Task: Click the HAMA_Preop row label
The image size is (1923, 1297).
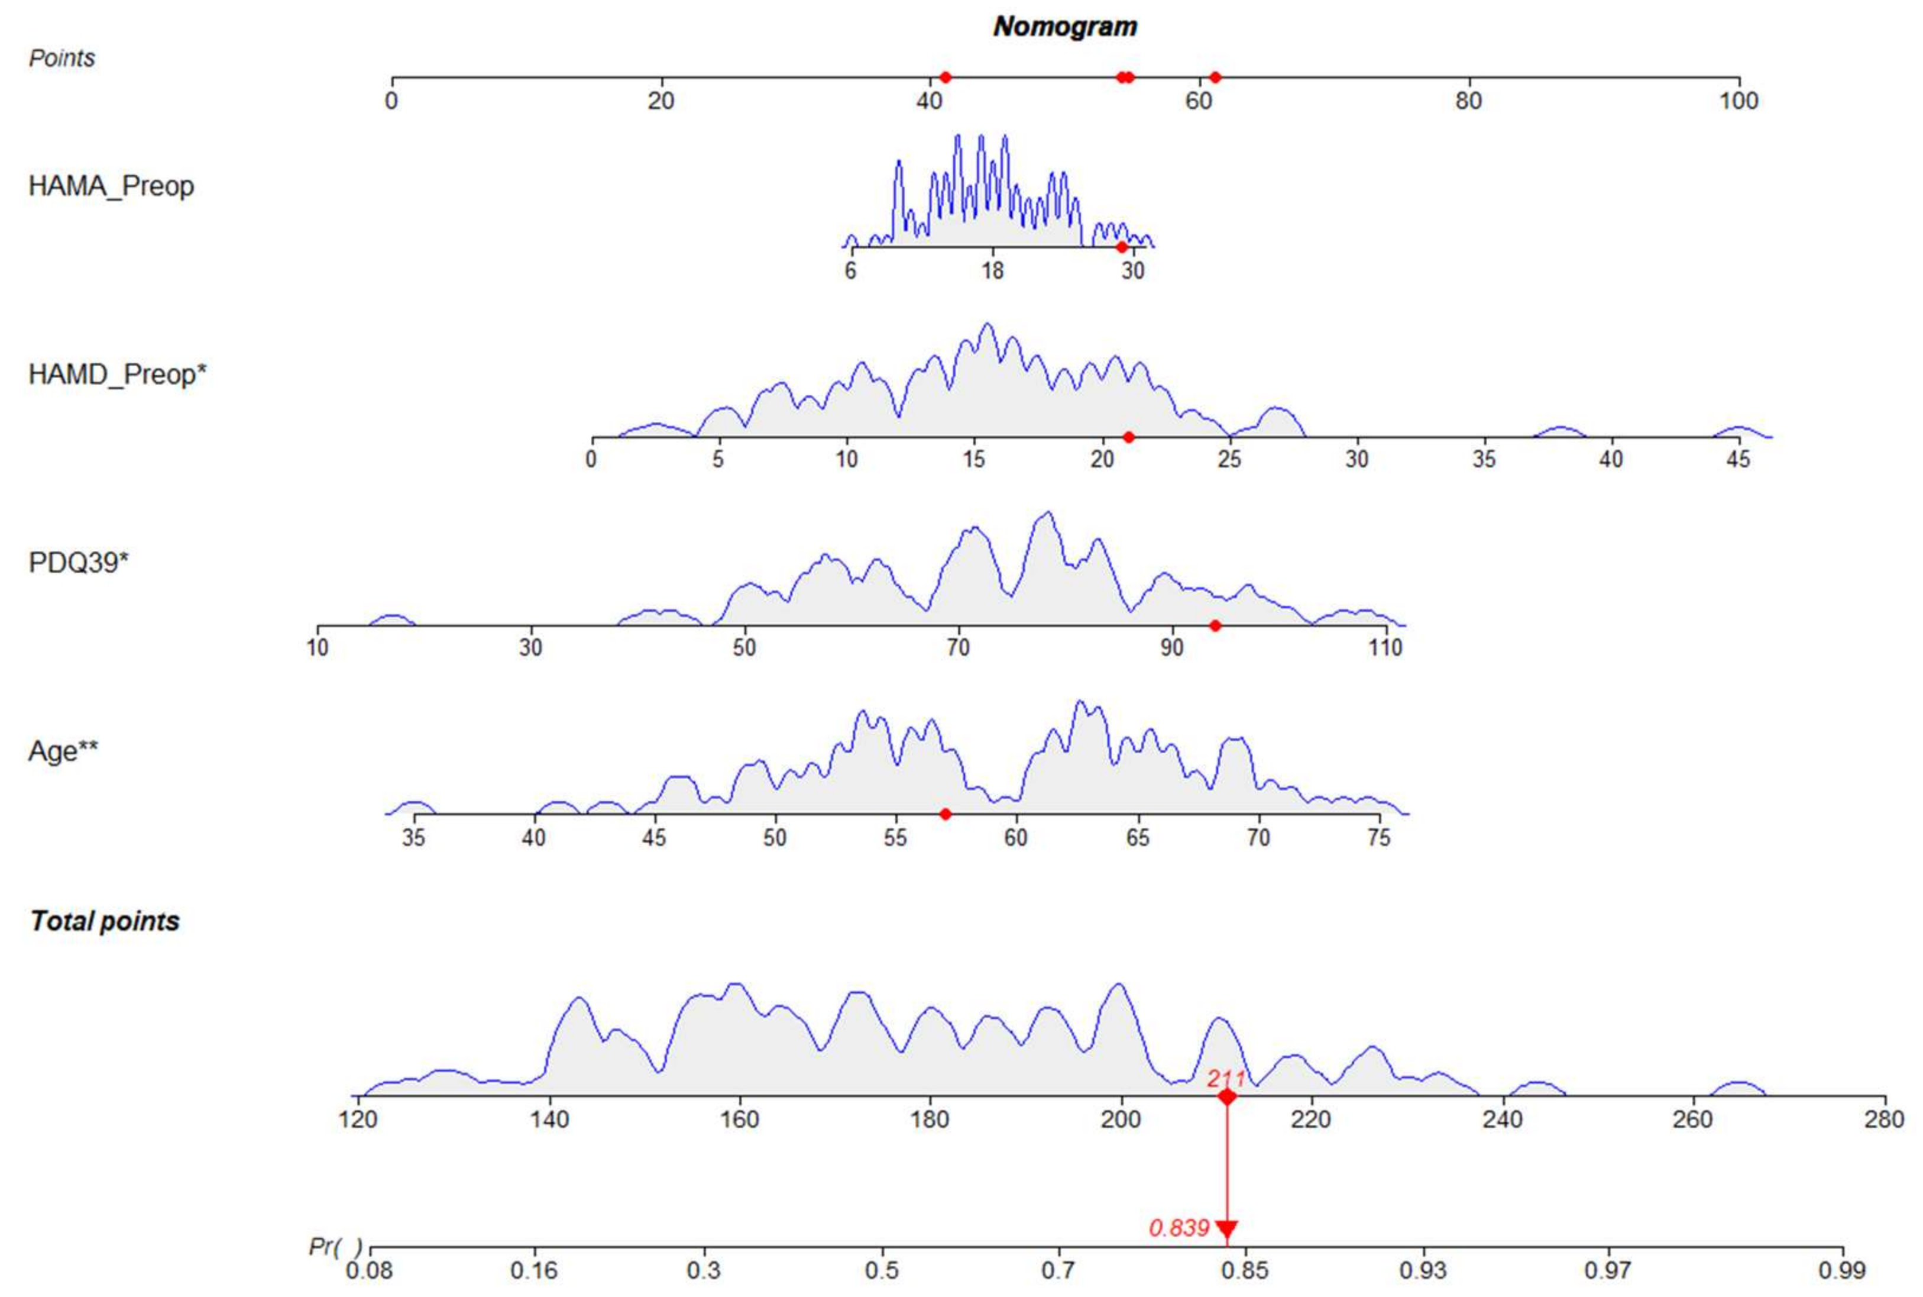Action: (x=111, y=186)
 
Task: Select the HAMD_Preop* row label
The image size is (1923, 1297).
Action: (x=116, y=375)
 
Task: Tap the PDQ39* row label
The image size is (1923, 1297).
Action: (x=79, y=563)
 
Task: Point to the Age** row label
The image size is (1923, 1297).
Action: (x=63, y=751)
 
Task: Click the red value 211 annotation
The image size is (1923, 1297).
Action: (x=1225, y=1078)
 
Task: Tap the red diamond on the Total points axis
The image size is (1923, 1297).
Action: (x=1227, y=1097)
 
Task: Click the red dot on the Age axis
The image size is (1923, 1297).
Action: (x=946, y=814)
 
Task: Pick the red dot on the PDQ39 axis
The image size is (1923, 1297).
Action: (x=1215, y=625)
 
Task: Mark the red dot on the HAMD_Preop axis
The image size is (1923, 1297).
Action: (x=1128, y=437)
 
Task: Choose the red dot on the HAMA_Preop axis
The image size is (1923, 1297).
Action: (x=1121, y=247)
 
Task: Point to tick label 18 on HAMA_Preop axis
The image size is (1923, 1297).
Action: (x=992, y=270)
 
